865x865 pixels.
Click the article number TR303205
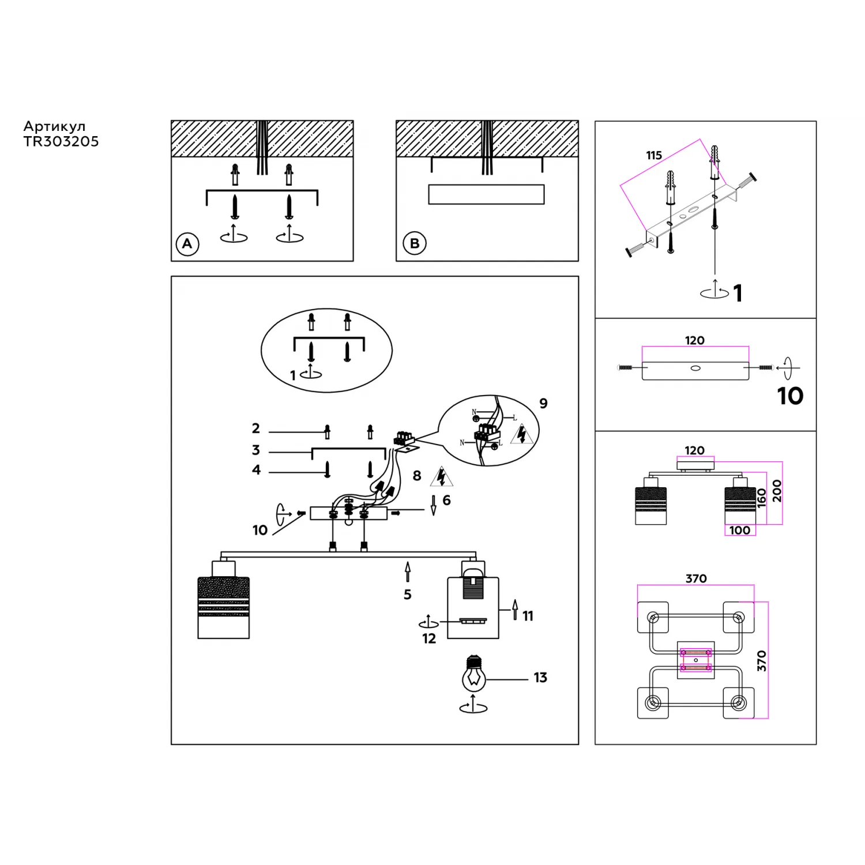click(x=61, y=142)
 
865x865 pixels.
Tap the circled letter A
click(x=187, y=244)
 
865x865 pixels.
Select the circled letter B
click(x=414, y=243)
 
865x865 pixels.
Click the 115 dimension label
click(x=654, y=156)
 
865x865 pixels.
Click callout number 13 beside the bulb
click(x=540, y=678)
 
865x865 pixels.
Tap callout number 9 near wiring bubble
click(x=543, y=404)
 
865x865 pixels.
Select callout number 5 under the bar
click(x=408, y=595)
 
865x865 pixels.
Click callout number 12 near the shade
click(x=429, y=639)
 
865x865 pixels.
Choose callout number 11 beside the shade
click(x=528, y=616)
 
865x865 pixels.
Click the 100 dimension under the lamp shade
click(x=740, y=531)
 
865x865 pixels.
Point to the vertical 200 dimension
click(x=777, y=491)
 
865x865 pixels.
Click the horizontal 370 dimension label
click(x=696, y=578)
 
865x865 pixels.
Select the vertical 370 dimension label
click(x=762, y=661)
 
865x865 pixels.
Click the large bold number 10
click(x=790, y=396)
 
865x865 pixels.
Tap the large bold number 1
click(x=738, y=294)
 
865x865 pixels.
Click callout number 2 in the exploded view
click(x=256, y=428)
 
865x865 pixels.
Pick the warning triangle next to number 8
click(x=441, y=476)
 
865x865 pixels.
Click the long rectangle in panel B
click(x=486, y=194)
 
